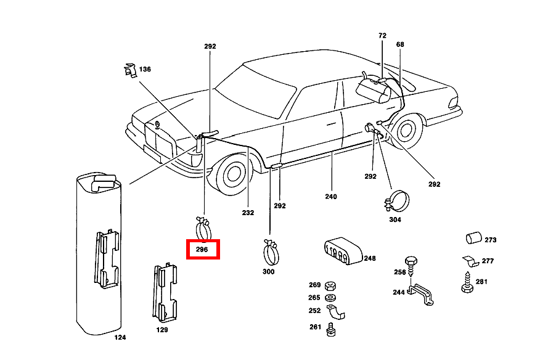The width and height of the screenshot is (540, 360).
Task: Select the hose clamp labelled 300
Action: [x=270, y=251]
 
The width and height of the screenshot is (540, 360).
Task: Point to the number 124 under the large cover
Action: [x=120, y=338]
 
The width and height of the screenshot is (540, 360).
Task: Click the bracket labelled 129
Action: [x=165, y=293]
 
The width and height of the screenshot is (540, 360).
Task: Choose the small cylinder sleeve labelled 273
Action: [x=473, y=238]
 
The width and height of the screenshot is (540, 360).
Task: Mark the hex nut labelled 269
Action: [x=330, y=285]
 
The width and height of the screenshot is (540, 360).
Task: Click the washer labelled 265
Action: [x=330, y=298]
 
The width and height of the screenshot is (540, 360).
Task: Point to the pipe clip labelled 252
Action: [x=335, y=313]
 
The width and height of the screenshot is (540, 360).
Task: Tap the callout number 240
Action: [x=331, y=197]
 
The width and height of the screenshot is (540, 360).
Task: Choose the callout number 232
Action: [x=247, y=213]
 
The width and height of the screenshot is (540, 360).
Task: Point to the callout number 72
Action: [x=382, y=36]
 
